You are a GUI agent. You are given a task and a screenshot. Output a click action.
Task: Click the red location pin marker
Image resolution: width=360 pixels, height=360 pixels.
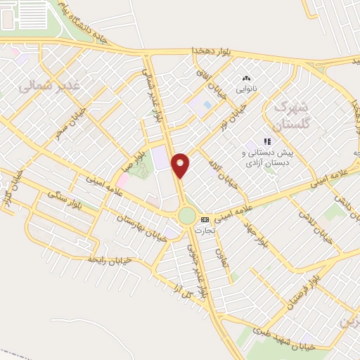pos(181,165)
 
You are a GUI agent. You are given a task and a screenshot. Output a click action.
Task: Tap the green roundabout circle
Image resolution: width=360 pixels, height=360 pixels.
pos(188,214)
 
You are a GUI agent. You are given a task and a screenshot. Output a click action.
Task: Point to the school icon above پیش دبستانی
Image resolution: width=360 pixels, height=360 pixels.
pos(267,141)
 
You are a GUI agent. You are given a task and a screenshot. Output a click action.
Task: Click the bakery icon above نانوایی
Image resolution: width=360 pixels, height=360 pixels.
pos(246,78)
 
